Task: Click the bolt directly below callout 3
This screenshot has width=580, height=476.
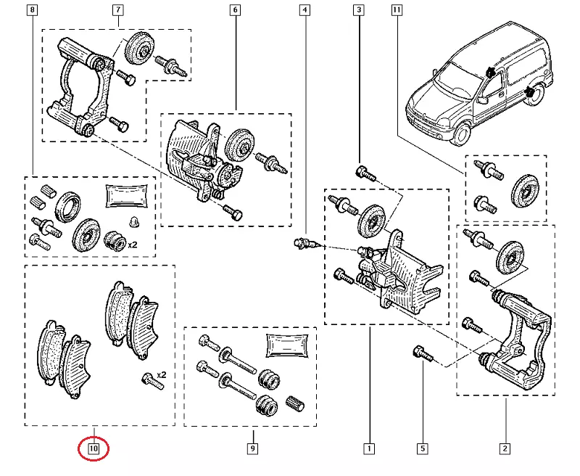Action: point(364,172)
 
